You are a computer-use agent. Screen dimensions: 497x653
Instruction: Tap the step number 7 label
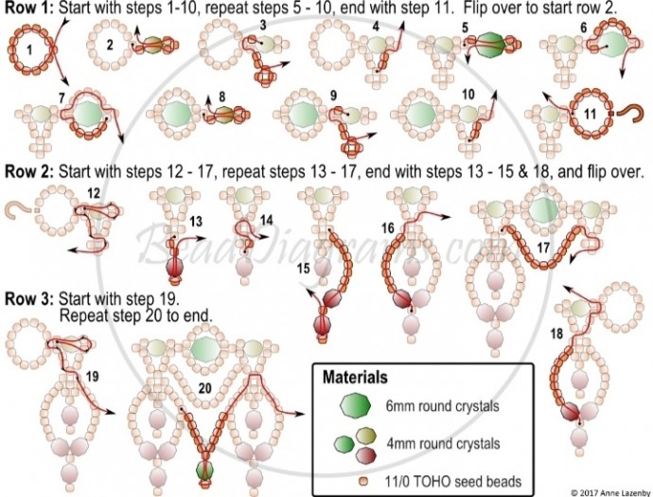(x=62, y=97)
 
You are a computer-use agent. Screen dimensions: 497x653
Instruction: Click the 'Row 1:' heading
(x=29, y=9)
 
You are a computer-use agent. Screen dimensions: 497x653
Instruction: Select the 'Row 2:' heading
(x=29, y=173)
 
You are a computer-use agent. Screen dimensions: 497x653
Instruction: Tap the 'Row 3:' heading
(x=29, y=297)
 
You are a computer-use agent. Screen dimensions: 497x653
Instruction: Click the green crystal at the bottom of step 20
(x=203, y=470)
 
